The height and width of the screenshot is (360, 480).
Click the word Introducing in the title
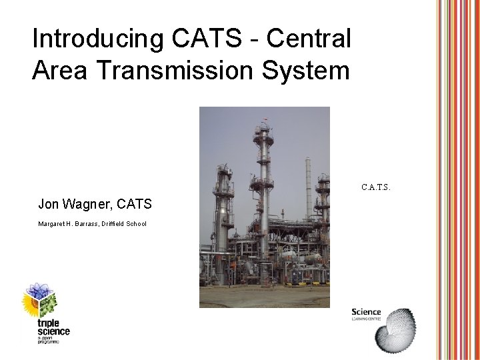96,39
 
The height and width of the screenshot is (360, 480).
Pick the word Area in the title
59,70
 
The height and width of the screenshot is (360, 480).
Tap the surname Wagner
90,203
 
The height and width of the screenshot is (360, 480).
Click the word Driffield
117,224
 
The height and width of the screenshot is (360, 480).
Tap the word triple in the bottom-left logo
51,323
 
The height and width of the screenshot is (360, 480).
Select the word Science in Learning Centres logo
366,312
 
